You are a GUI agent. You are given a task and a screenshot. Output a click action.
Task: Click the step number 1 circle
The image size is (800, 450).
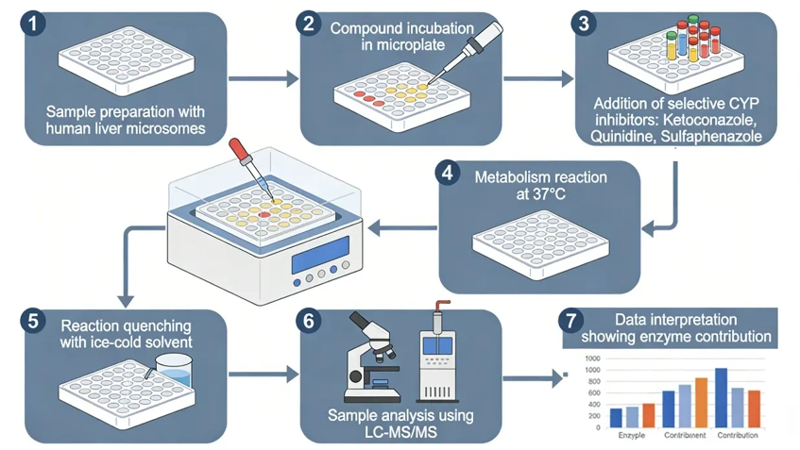tap(33, 23)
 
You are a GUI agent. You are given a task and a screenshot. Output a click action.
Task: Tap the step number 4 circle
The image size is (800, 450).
tap(448, 175)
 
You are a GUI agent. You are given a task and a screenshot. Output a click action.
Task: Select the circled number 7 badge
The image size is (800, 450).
tap(570, 320)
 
